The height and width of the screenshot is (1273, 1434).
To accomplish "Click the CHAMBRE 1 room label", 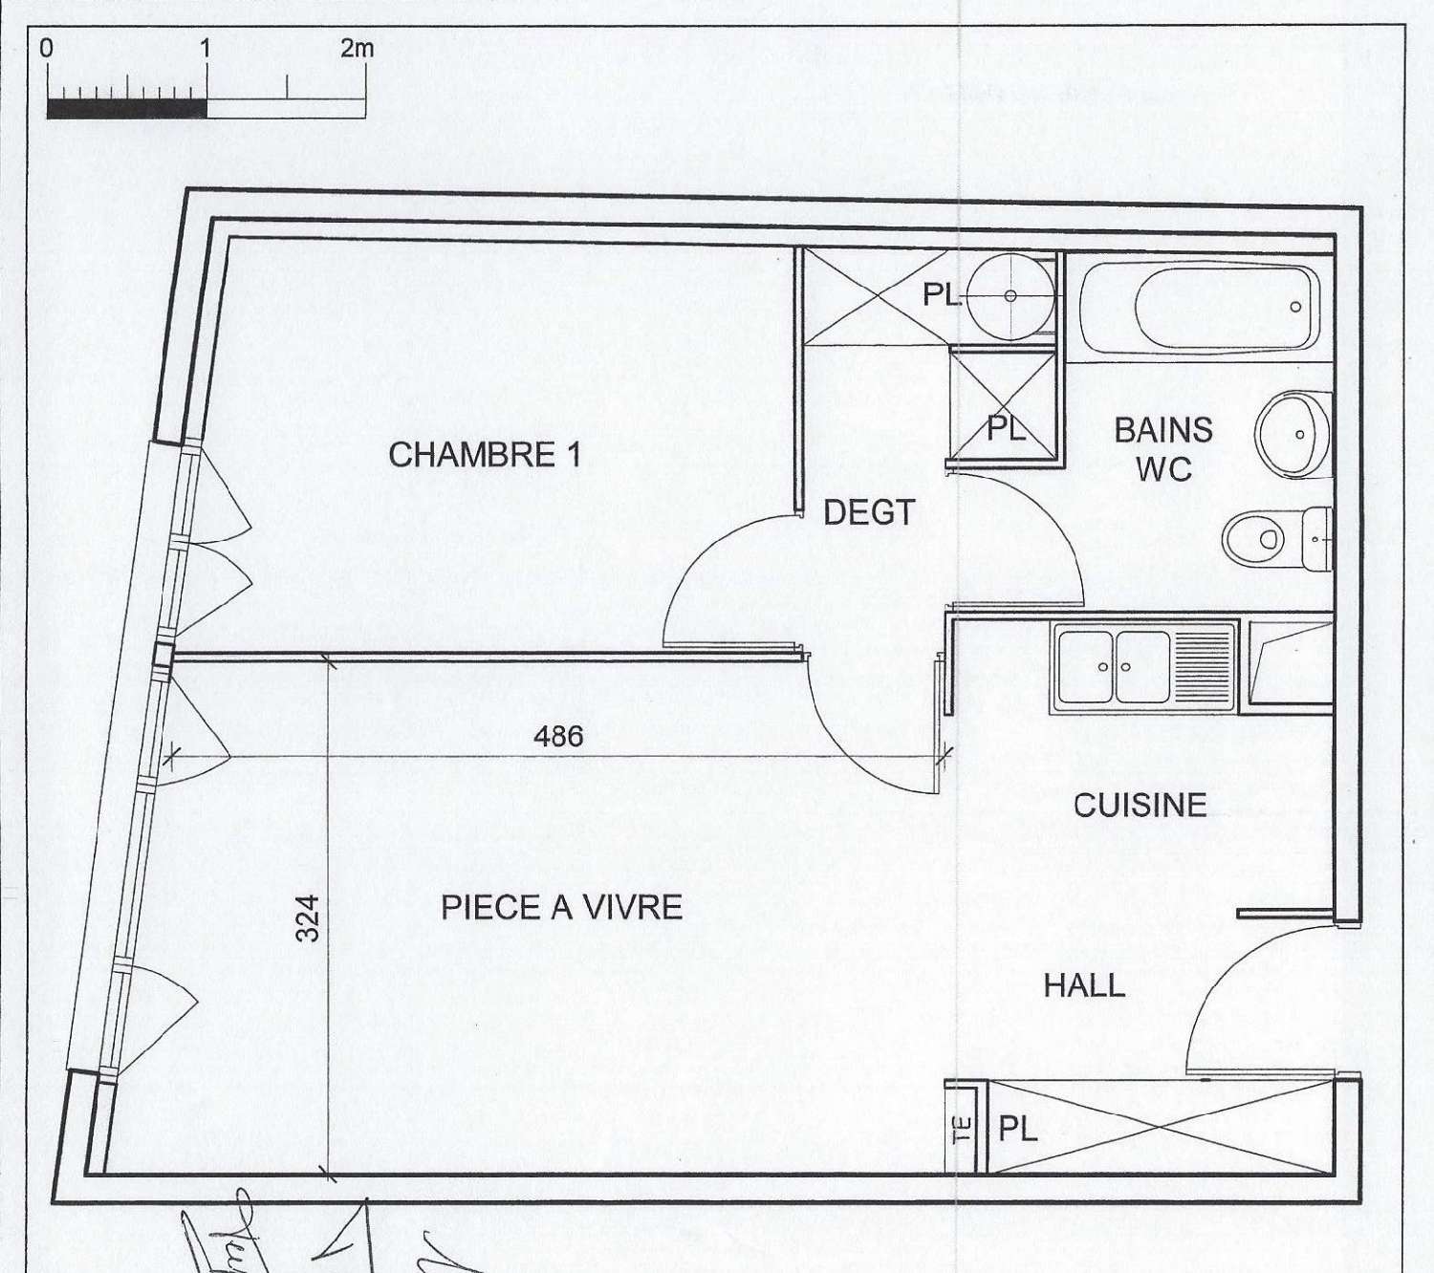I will (485, 455).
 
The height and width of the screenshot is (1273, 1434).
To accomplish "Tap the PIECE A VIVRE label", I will (561, 907).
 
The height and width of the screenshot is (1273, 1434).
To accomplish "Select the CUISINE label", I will (1140, 805).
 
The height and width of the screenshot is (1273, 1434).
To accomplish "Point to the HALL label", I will (1084, 985).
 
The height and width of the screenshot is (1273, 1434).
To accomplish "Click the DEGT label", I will (869, 513).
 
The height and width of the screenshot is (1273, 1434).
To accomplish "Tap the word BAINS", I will (1163, 430).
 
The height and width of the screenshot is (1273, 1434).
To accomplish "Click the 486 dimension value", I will (558, 736).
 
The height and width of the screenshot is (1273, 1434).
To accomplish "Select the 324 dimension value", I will (307, 917).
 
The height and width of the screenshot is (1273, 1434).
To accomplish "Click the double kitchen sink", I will (1113, 666).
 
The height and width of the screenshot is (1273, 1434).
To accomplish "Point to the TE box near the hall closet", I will (962, 1129).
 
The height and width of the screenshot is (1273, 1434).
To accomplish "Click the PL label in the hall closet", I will (1018, 1130).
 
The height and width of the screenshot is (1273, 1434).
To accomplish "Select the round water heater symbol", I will (1010, 296).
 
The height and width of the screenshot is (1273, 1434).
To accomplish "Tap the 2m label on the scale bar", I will (357, 49).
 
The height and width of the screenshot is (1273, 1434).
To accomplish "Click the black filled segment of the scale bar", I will (126, 108).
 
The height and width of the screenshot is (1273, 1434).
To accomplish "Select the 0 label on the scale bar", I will (47, 49).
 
